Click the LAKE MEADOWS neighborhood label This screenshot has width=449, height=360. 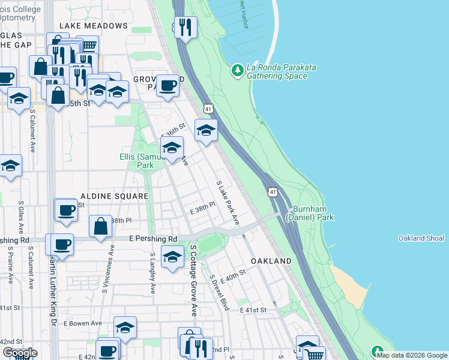pyautogui.click(x=93, y=26)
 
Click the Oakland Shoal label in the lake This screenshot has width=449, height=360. pyautogui.click(x=421, y=238)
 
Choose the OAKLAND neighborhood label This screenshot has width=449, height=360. pyautogui.click(x=271, y=261)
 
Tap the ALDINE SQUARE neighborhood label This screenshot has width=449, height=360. pyautogui.click(x=114, y=196)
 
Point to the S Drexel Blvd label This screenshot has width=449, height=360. pyautogui.click(x=219, y=292)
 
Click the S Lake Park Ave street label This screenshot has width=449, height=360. pyautogui.click(x=228, y=203)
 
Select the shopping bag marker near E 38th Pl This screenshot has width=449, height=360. pyautogui.click(x=100, y=226)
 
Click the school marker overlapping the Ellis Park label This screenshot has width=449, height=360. pyautogui.click(x=172, y=147)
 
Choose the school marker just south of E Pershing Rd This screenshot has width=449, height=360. pyautogui.click(x=172, y=256)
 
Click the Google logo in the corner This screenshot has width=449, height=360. pyautogui.click(x=20, y=353)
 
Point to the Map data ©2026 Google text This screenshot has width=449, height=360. pyautogui.click(x=412, y=355)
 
